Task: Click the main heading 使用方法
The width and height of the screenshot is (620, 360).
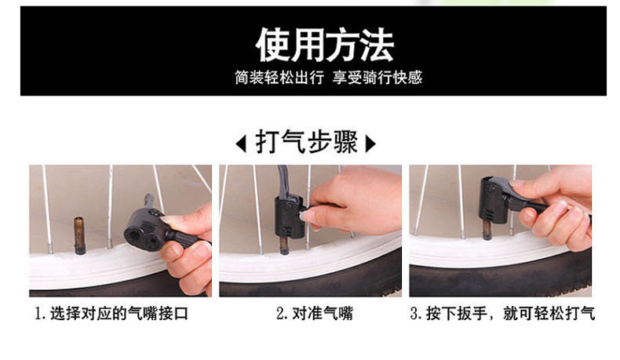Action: click(x=325, y=45)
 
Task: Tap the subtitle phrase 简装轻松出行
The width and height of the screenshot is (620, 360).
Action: click(x=279, y=78)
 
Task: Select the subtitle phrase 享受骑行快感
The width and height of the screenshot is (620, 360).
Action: click(x=377, y=78)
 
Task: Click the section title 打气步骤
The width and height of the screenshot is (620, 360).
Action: click(x=306, y=142)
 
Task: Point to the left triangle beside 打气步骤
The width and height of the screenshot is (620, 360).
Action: click(x=241, y=144)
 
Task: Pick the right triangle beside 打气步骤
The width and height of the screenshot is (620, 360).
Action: click(x=370, y=144)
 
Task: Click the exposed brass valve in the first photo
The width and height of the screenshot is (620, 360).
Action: click(x=79, y=235)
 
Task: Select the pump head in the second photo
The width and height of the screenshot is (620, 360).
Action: click(x=290, y=217)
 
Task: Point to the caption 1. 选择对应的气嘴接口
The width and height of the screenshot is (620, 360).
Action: click(x=111, y=314)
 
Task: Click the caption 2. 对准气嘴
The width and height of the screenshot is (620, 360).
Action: click(x=315, y=314)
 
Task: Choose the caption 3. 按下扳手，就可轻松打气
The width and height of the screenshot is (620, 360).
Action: click(x=502, y=314)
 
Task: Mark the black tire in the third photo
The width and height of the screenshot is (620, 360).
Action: click(x=501, y=278)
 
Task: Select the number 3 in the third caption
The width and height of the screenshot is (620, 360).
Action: click(x=414, y=314)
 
